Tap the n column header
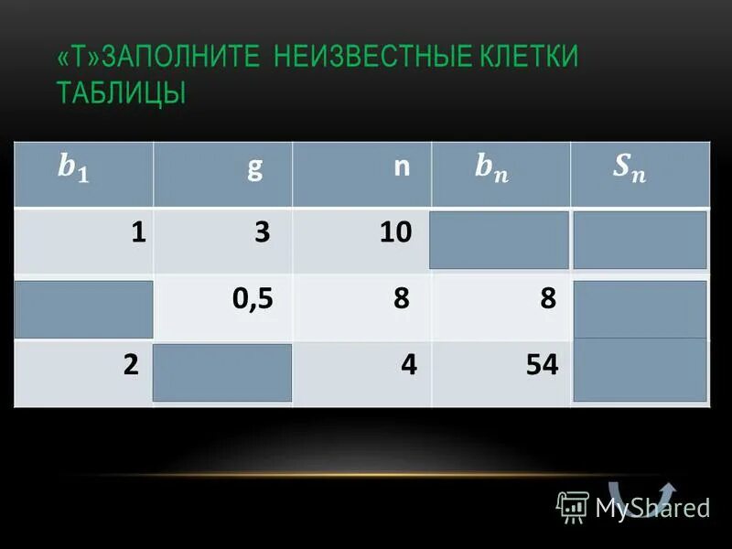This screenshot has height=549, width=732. coord(400,169)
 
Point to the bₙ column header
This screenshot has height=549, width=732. coord(492,169)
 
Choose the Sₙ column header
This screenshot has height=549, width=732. coord(628,169)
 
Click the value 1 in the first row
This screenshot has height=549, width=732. coord(138,231)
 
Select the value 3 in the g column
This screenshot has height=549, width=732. coord(263,231)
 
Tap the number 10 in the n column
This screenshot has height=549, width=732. coord(396,231)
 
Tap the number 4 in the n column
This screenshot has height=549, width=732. coord(408,364)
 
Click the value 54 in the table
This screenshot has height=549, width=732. coord(542,364)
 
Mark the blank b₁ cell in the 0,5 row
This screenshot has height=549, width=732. coord(83,308)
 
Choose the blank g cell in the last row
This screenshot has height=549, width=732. coord(222,372)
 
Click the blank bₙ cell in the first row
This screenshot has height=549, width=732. coord(500,240)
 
